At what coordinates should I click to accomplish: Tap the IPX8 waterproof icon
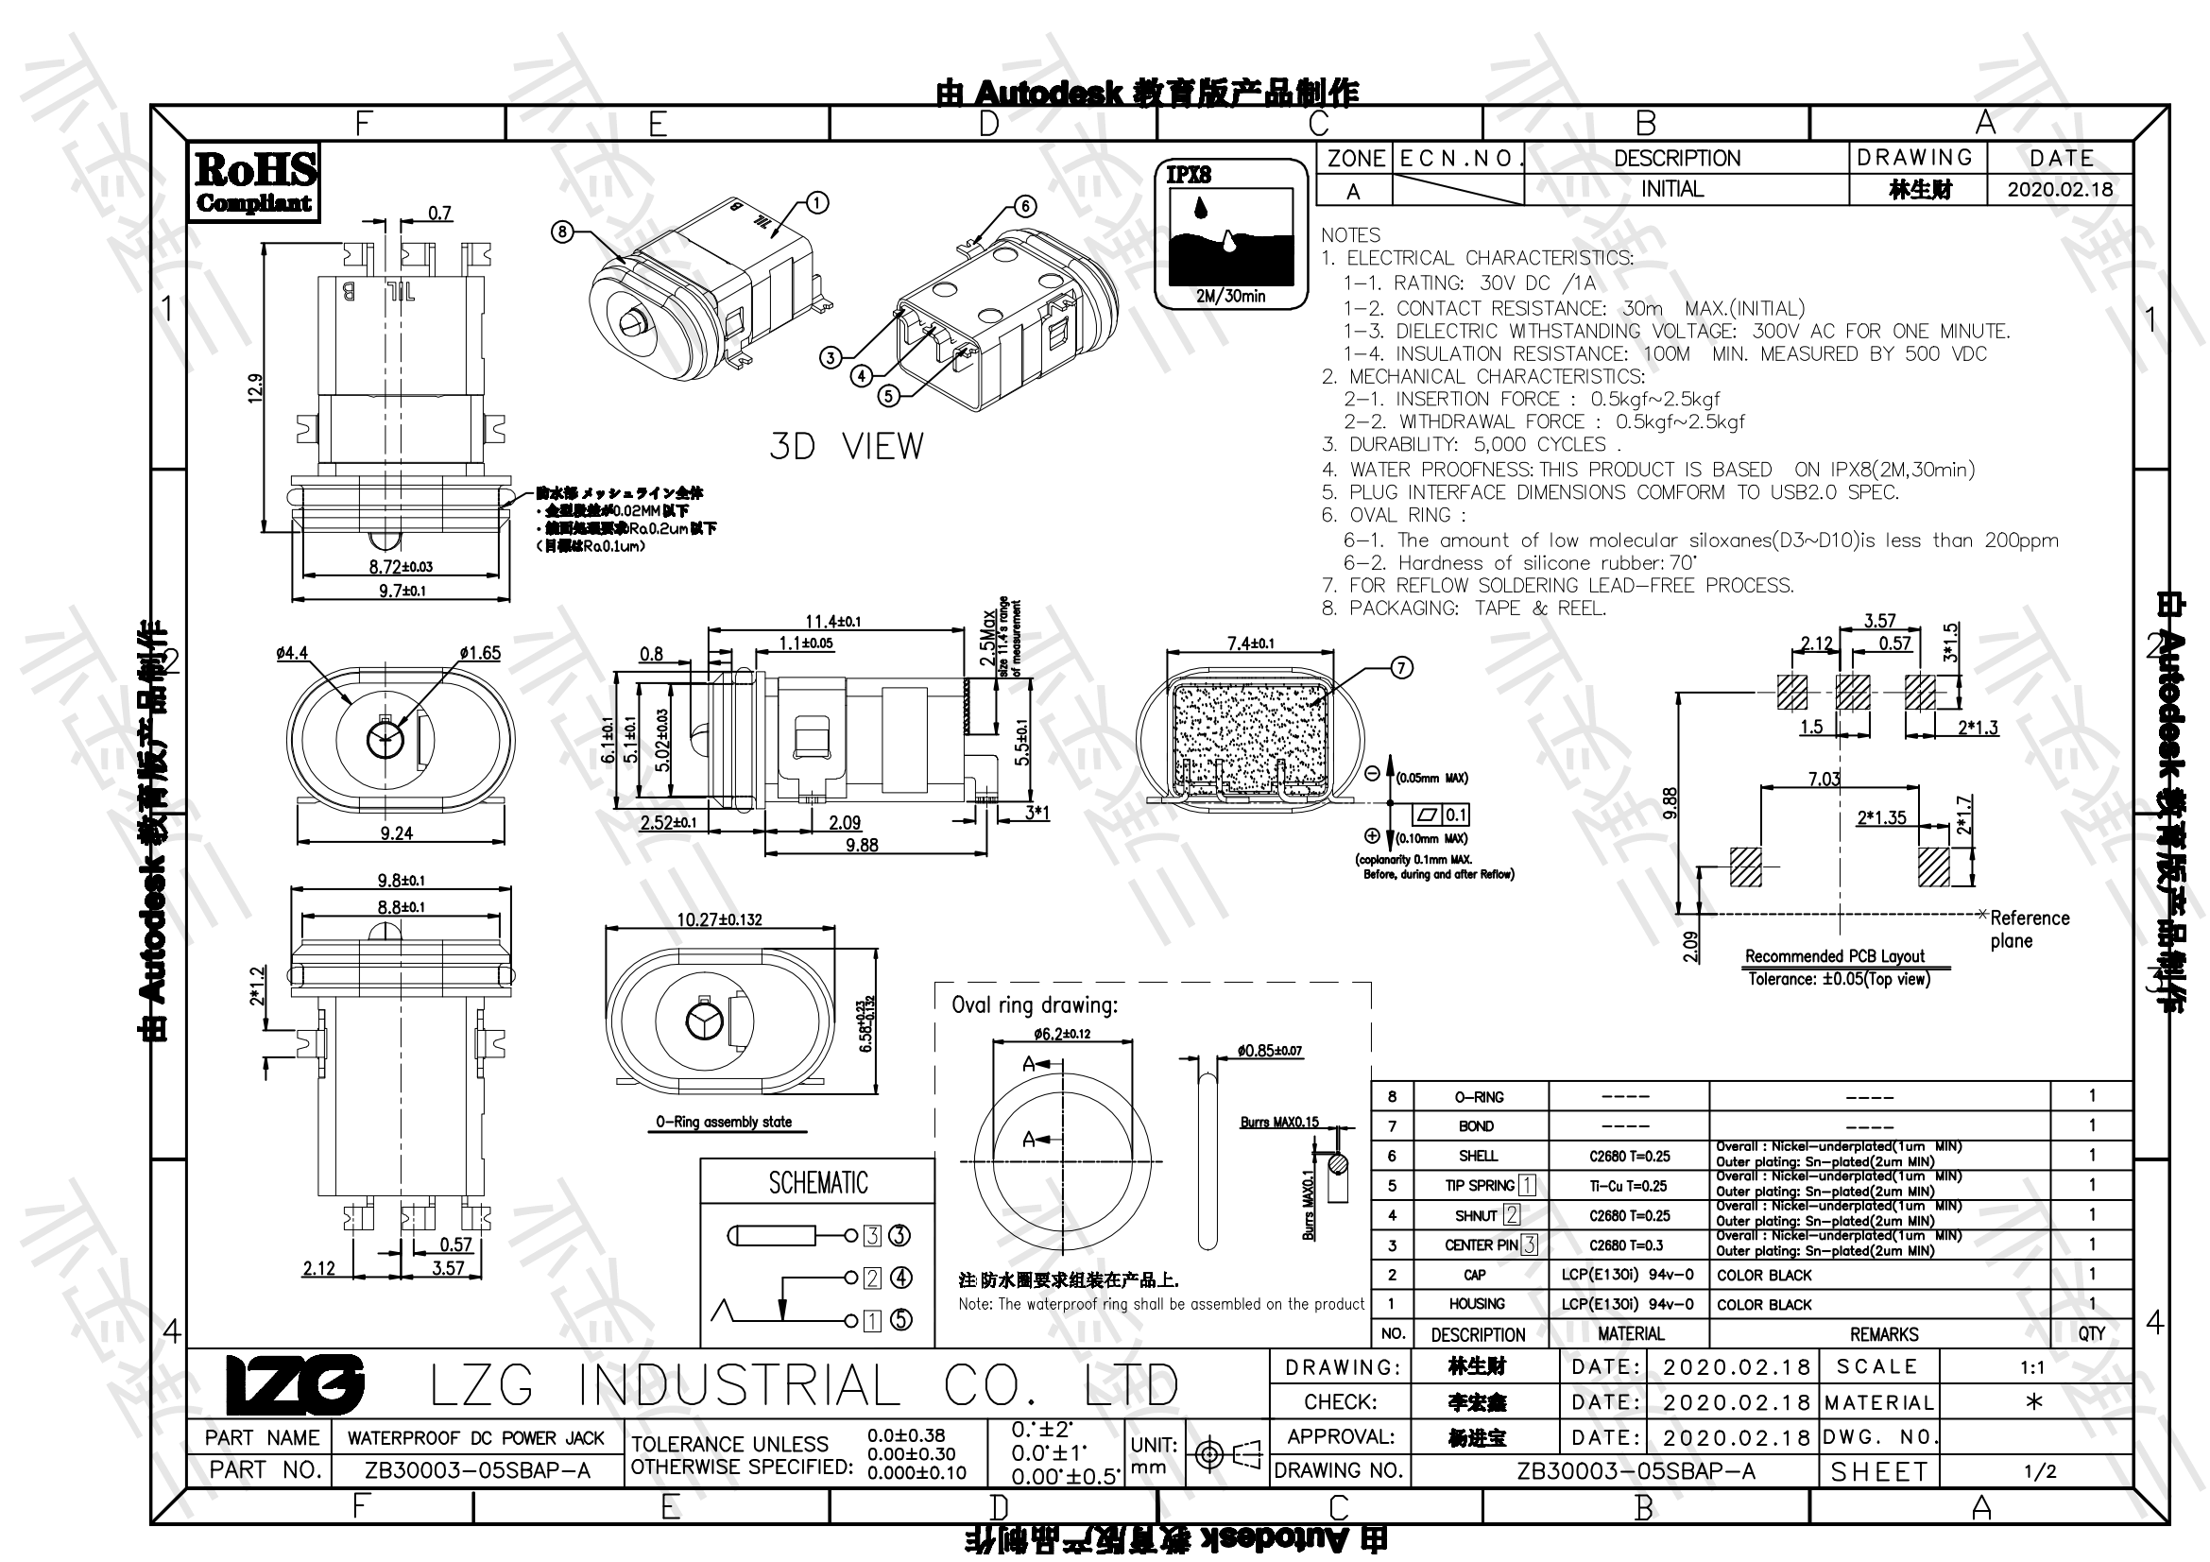tap(1230, 235)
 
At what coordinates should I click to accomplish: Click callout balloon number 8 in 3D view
tap(563, 231)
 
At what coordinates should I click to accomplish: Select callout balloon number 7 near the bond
tap(1401, 667)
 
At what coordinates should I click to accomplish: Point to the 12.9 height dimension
tap(255, 387)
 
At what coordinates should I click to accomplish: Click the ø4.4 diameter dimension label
tap(292, 653)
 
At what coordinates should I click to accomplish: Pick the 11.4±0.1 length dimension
tap(832, 622)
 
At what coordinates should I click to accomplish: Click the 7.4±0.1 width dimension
tap(1250, 643)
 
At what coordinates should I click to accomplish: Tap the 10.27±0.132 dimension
tap(719, 919)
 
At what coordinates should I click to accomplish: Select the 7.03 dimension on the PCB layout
tap(1824, 778)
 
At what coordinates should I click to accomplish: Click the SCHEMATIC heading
tap(817, 1183)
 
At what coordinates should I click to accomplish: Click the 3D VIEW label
tap(846, 447)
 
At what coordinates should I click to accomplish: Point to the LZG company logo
tap(295, 1385)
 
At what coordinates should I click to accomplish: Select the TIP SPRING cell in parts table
tap(1480, 1186)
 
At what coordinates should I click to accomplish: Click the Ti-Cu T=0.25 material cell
tap(1629, 1186)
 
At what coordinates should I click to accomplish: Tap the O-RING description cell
tap(1479, 1097)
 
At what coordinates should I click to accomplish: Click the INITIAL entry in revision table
tap(1672, 190)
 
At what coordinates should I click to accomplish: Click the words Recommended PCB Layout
tap(1835, 955)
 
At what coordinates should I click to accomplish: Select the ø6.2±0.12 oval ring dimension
tap(1063, 1034)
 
